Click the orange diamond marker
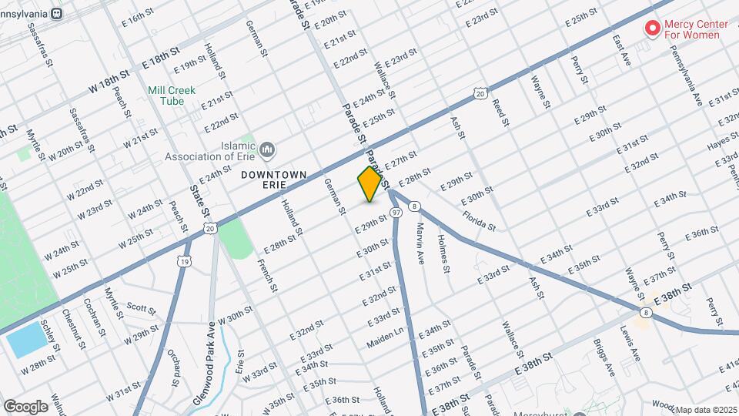369,183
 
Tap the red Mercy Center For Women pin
653,29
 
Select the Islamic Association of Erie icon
267,148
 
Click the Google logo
25,406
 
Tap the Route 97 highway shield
396,212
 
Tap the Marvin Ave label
421,243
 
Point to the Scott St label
141,310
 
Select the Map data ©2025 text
705,409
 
